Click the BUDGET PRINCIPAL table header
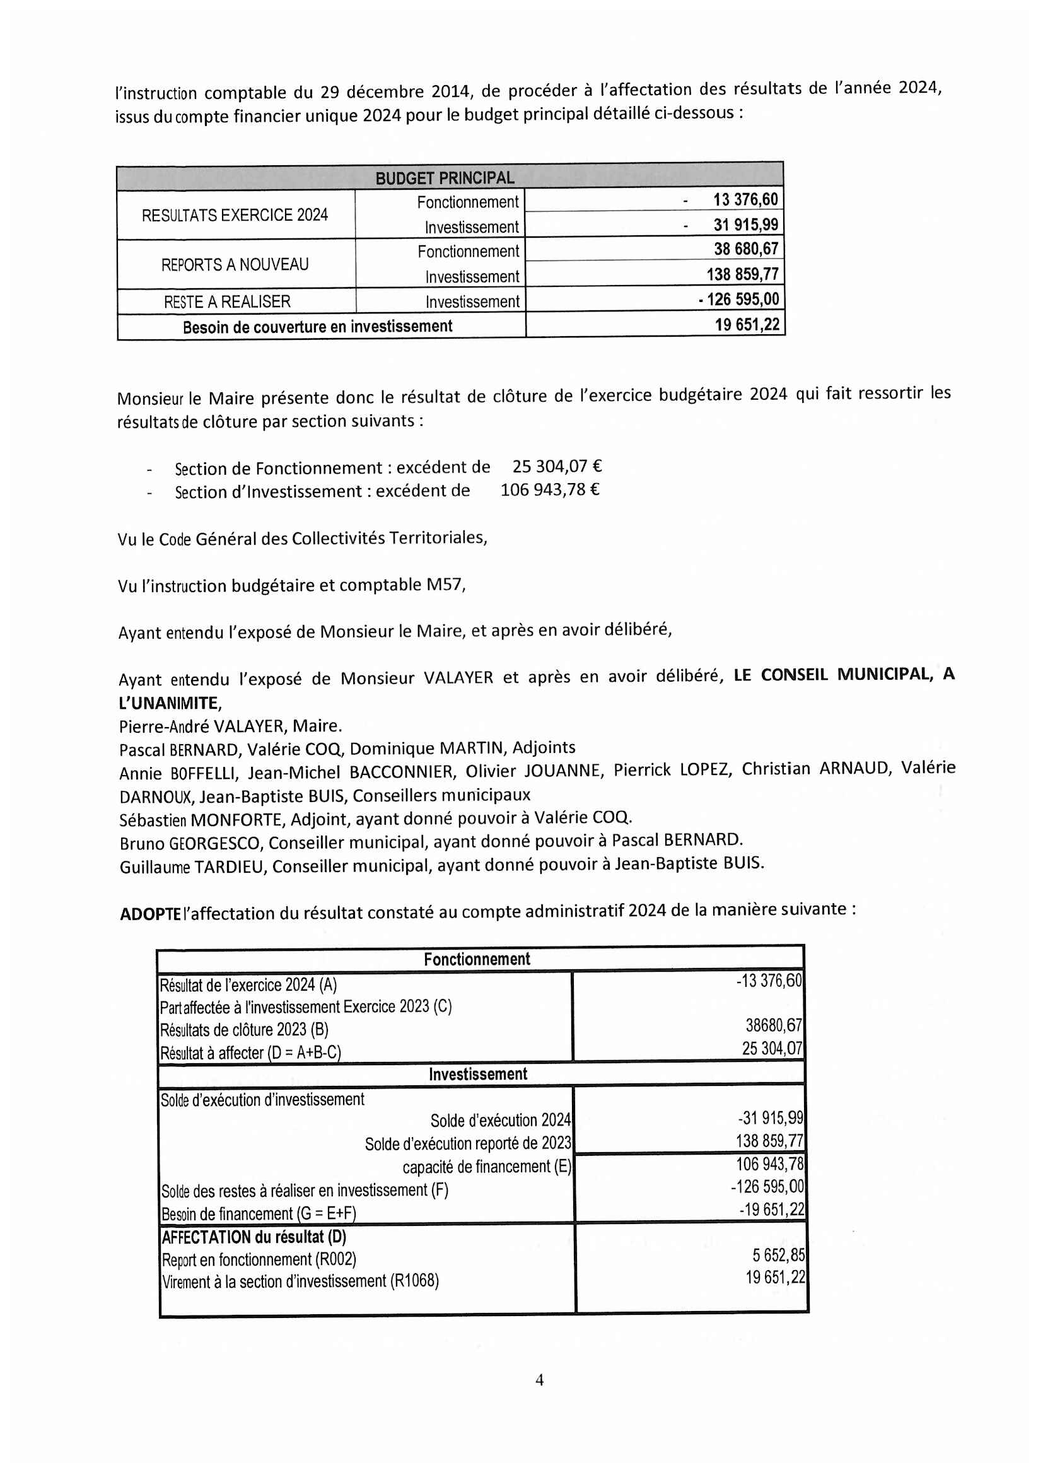coord(445,178)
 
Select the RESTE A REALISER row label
coord(227,301)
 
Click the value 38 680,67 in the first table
coord(745,248)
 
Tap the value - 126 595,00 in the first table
coord(738,299)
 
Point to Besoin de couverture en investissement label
coord(317,327)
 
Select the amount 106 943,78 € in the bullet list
coord(550,489)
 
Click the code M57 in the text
coord(445,585)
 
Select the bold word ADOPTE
coord(150,913)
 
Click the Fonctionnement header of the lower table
coord(477,959)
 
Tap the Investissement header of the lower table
coord(478,1073)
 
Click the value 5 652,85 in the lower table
coord(778,1255)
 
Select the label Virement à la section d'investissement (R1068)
coord(300,1281)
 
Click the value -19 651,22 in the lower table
coord(772,1210)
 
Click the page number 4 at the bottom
coord(540,1379)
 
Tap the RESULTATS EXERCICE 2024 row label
coord(235,214)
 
